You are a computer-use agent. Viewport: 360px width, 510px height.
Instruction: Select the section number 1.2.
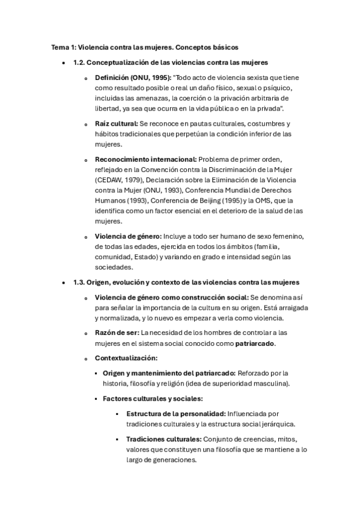tap(79, 62)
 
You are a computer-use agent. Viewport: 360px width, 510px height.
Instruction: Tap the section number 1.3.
tap(79, 282)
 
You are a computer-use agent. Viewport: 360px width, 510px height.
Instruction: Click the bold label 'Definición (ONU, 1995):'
tap(132, 78)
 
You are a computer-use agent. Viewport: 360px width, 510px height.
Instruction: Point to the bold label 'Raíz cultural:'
tap(117, 123)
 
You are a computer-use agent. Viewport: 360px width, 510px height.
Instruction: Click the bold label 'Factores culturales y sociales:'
tap(153, 398)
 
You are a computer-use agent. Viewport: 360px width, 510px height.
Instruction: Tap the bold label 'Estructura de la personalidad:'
tap(175, 414)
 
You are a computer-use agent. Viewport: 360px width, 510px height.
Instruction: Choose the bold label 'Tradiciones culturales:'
tap(164, 439)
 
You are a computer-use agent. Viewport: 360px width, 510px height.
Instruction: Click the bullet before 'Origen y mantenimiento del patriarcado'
tap(96, 373)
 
